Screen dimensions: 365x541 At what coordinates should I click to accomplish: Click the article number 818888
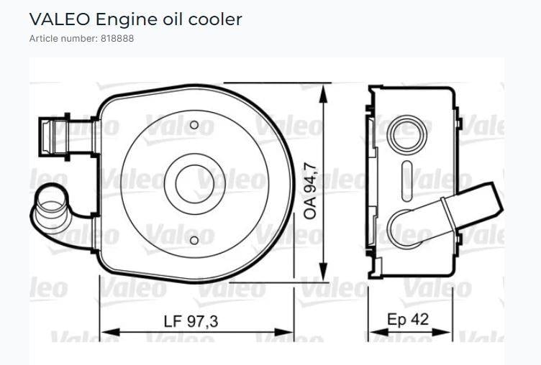(115, 38)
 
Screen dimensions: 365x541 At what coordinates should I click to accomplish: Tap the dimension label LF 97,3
(191, 321)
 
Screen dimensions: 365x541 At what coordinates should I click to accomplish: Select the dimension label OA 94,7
(312, 190)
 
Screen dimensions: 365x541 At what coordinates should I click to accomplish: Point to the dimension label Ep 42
(408, 319)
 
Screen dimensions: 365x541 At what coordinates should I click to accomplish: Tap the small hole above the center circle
(194, 126)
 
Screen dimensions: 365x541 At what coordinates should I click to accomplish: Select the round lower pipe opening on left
(51, 203)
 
